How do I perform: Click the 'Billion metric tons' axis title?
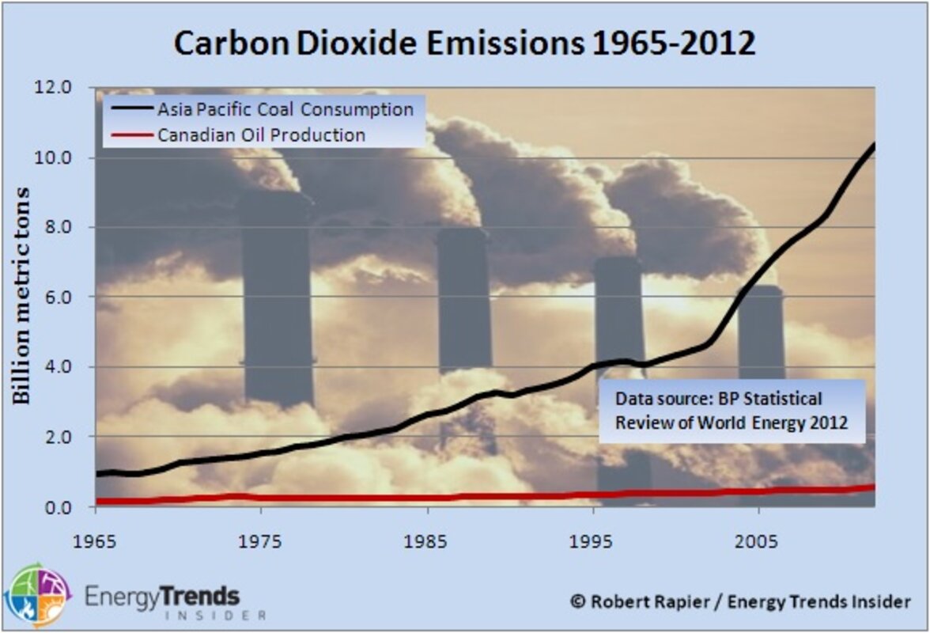click(22, 296)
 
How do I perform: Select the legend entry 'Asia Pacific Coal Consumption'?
click(285, 109)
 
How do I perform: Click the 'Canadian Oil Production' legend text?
click(261, 135)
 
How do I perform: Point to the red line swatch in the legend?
click(129, 135)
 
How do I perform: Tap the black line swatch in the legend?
click(129, 109)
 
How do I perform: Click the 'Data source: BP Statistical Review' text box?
click(731, 411)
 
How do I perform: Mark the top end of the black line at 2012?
click(873, 145)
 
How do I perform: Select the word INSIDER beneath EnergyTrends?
click(214, 615)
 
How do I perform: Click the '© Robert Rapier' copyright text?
click(740, 601)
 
